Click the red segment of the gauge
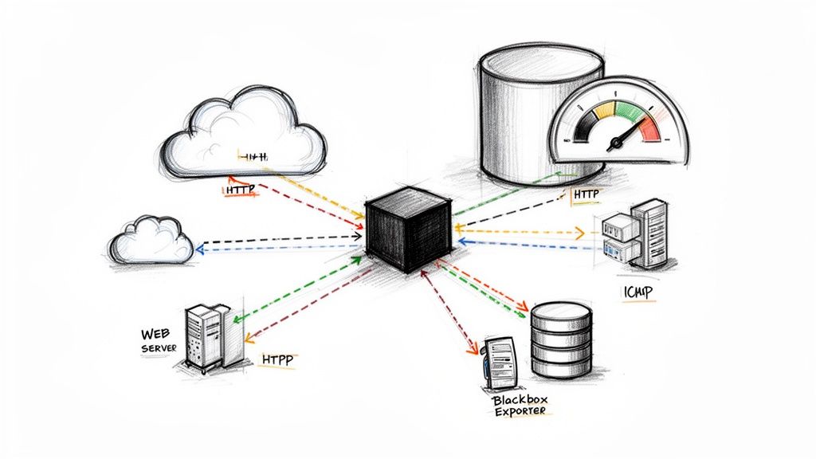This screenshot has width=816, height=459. [x=651, y=127]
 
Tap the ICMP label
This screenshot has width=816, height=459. [x=635, y=293]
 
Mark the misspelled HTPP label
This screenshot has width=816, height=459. [x=277, y=359]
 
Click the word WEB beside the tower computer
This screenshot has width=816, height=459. [x=157, y=333]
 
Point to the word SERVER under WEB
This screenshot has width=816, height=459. [x=159, y=349]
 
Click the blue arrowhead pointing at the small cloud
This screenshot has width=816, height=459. [x=200, y=249]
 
